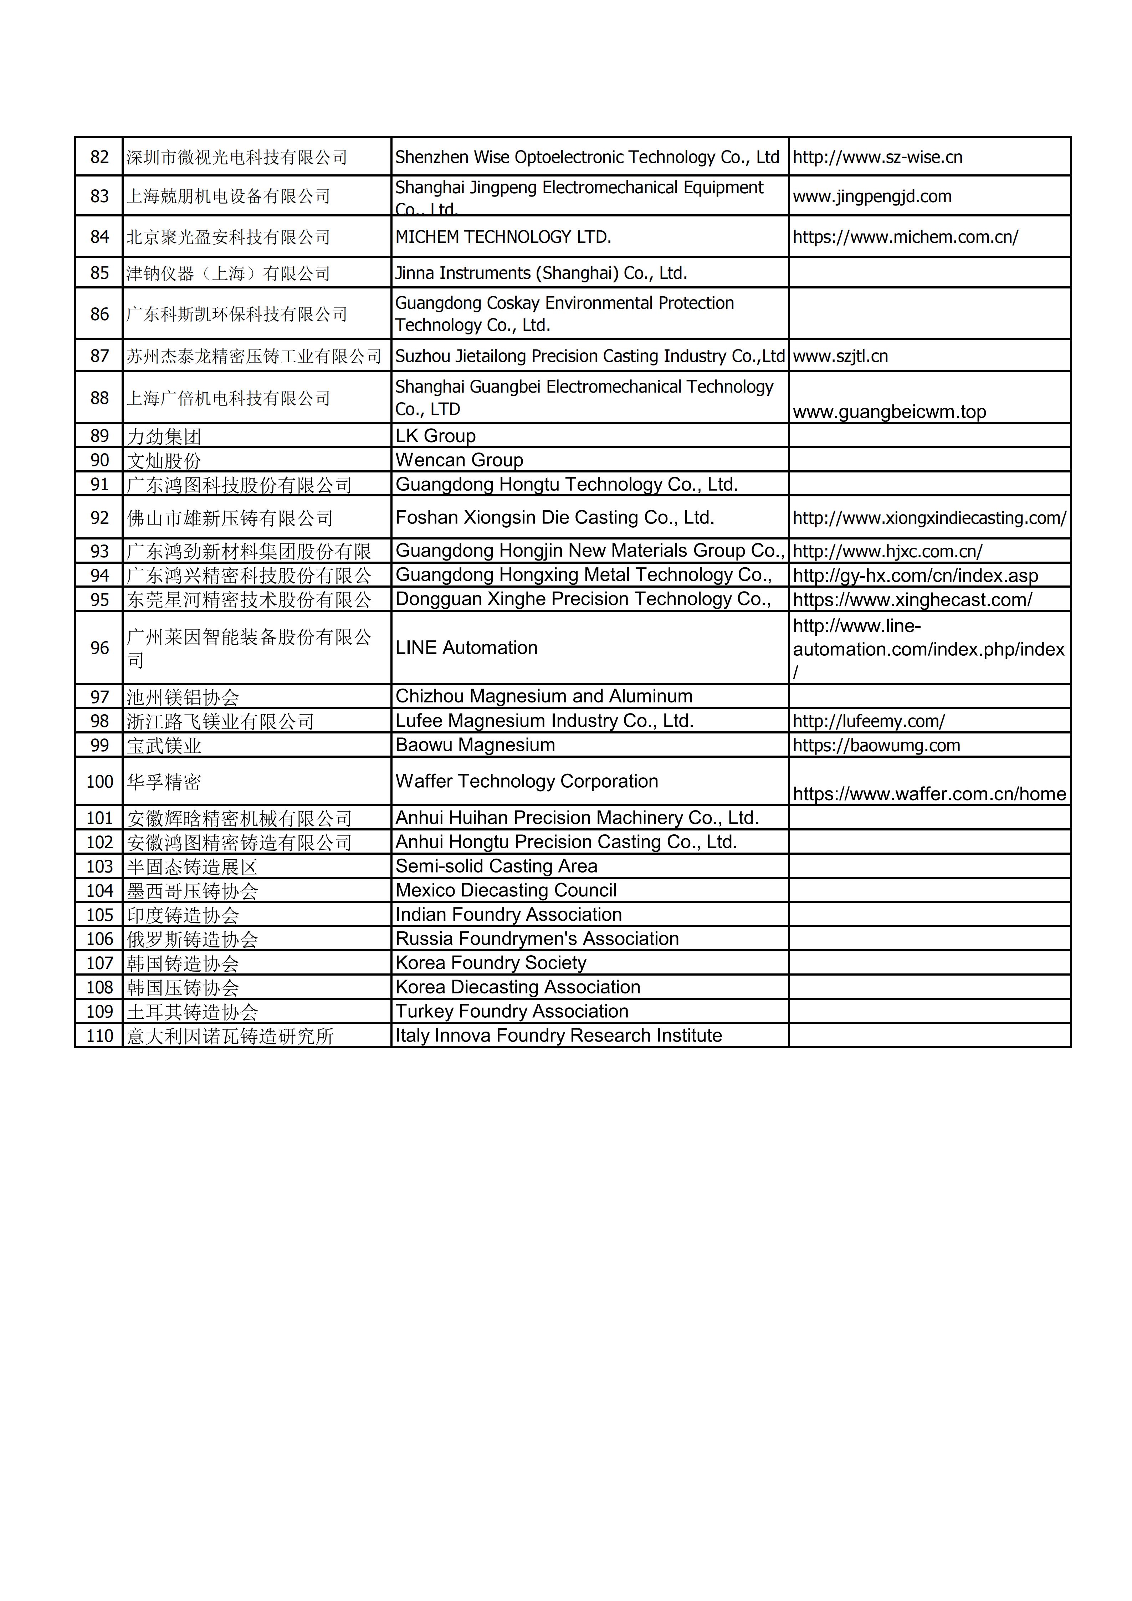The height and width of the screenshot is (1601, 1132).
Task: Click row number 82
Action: tap(100, 157)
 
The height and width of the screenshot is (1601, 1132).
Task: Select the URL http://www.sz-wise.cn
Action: tap(877, 157)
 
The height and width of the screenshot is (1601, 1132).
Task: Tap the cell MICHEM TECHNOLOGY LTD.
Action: tap(503, 237)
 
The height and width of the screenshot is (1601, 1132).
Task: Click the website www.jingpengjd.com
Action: tap(872, 196)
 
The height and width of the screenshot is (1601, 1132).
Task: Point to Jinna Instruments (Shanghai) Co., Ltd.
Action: tap(541, 273)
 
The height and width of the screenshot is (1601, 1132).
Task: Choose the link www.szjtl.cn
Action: tap(840, 356)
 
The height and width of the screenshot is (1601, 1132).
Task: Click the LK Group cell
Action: tap(436, 436)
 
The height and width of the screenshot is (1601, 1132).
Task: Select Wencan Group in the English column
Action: tap(459, 460)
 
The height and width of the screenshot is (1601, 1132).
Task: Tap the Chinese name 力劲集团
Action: tap(164, 436)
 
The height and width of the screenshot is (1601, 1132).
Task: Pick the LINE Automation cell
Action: tap(466, 648)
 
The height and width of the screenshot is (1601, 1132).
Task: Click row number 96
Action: tap(100, 648)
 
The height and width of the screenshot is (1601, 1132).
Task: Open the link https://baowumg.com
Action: tap(876, 746)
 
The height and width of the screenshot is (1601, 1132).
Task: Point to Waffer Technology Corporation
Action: tap(526, 781)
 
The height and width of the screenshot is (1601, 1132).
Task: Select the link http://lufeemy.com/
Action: tap(869, 721)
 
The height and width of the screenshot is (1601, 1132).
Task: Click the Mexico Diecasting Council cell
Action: tap(506, 890)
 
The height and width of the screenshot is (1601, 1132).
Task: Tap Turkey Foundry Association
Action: tap(512, 1011)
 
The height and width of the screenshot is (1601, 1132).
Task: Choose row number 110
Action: tap(100, 1035)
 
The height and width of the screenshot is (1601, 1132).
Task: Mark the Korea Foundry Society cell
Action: tap(491, 963)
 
